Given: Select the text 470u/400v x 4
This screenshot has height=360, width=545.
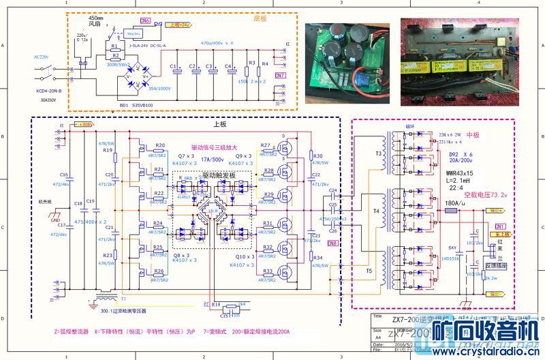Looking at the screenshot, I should (217, 43).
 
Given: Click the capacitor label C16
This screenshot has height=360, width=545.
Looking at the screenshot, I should (64, 175).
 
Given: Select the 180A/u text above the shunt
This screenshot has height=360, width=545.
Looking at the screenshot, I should (454, 202).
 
